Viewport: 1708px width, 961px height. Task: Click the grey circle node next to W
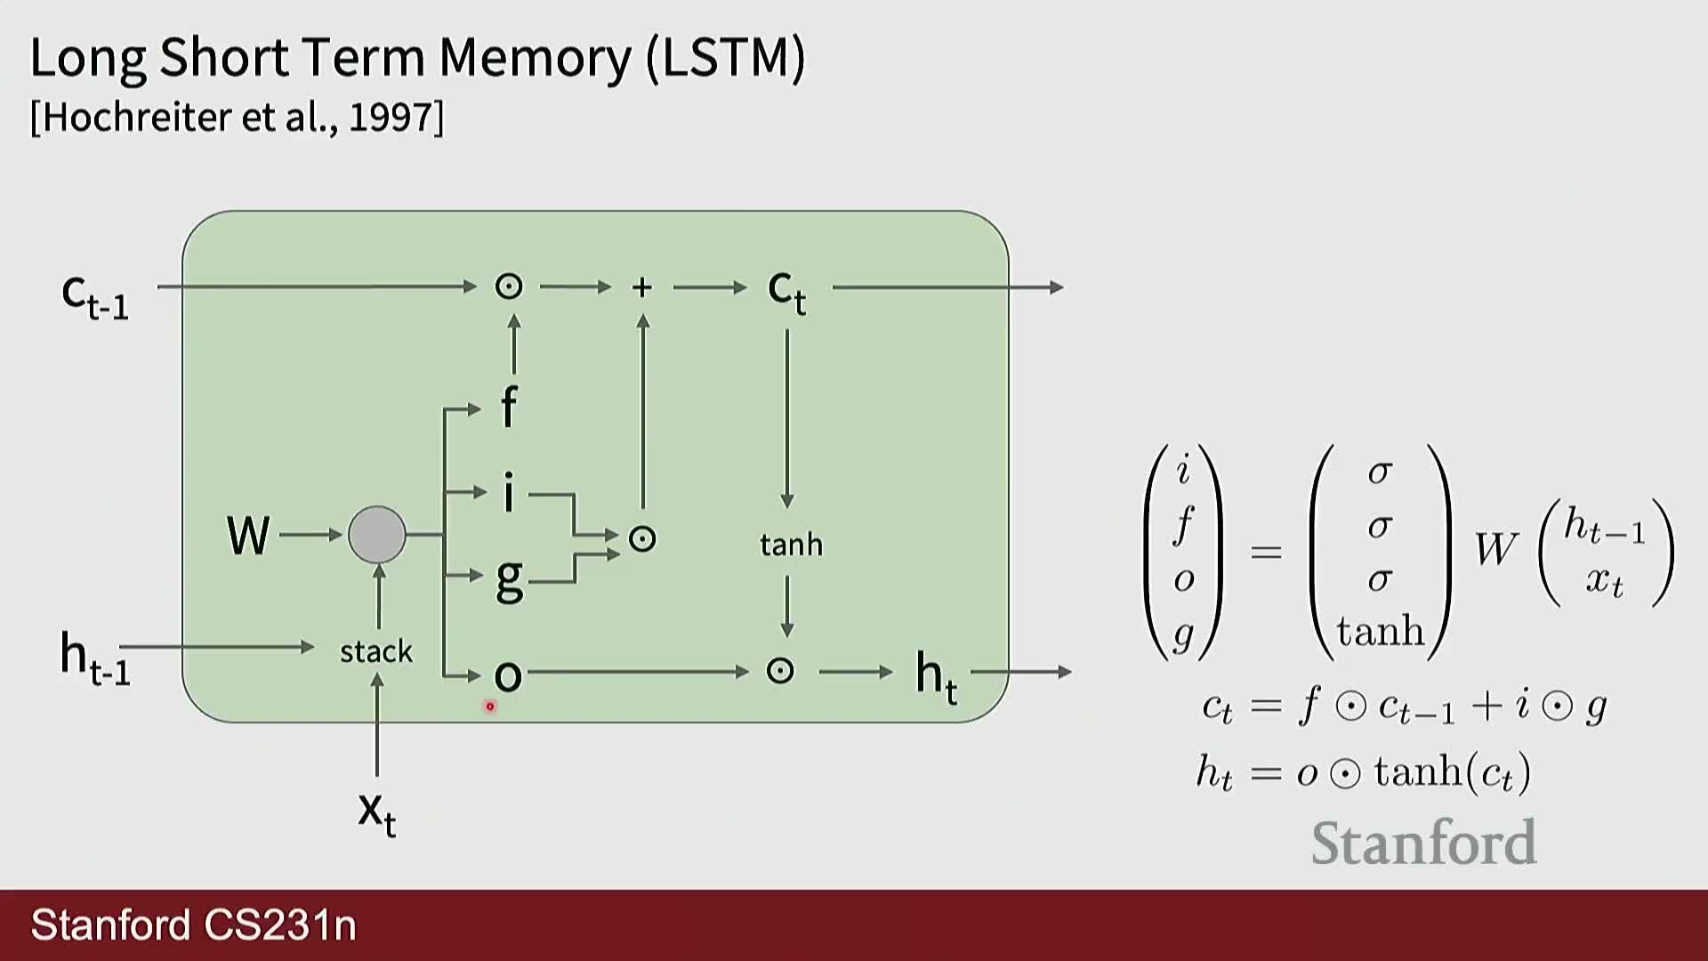point(377,535)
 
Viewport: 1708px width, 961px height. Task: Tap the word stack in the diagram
point(376,651)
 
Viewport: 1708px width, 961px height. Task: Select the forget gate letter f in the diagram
point(509,407)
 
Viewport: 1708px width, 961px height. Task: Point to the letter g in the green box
point(509,579)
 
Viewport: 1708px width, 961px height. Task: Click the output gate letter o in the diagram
point(508,675)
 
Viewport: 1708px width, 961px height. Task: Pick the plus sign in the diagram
point(641,287)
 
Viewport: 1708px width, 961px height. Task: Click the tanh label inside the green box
point(791,544)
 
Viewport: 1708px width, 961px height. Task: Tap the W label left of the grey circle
point(248,535)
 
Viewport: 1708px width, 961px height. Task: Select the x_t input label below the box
point(377,812)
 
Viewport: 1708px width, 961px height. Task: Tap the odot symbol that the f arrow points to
point(509,287)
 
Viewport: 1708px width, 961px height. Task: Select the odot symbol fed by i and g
point(642,539)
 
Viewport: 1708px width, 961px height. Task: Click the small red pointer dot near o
point(489,707)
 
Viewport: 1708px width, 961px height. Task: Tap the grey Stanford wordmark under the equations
point(1423,843)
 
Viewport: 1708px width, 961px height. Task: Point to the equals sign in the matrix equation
point(1266,553)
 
